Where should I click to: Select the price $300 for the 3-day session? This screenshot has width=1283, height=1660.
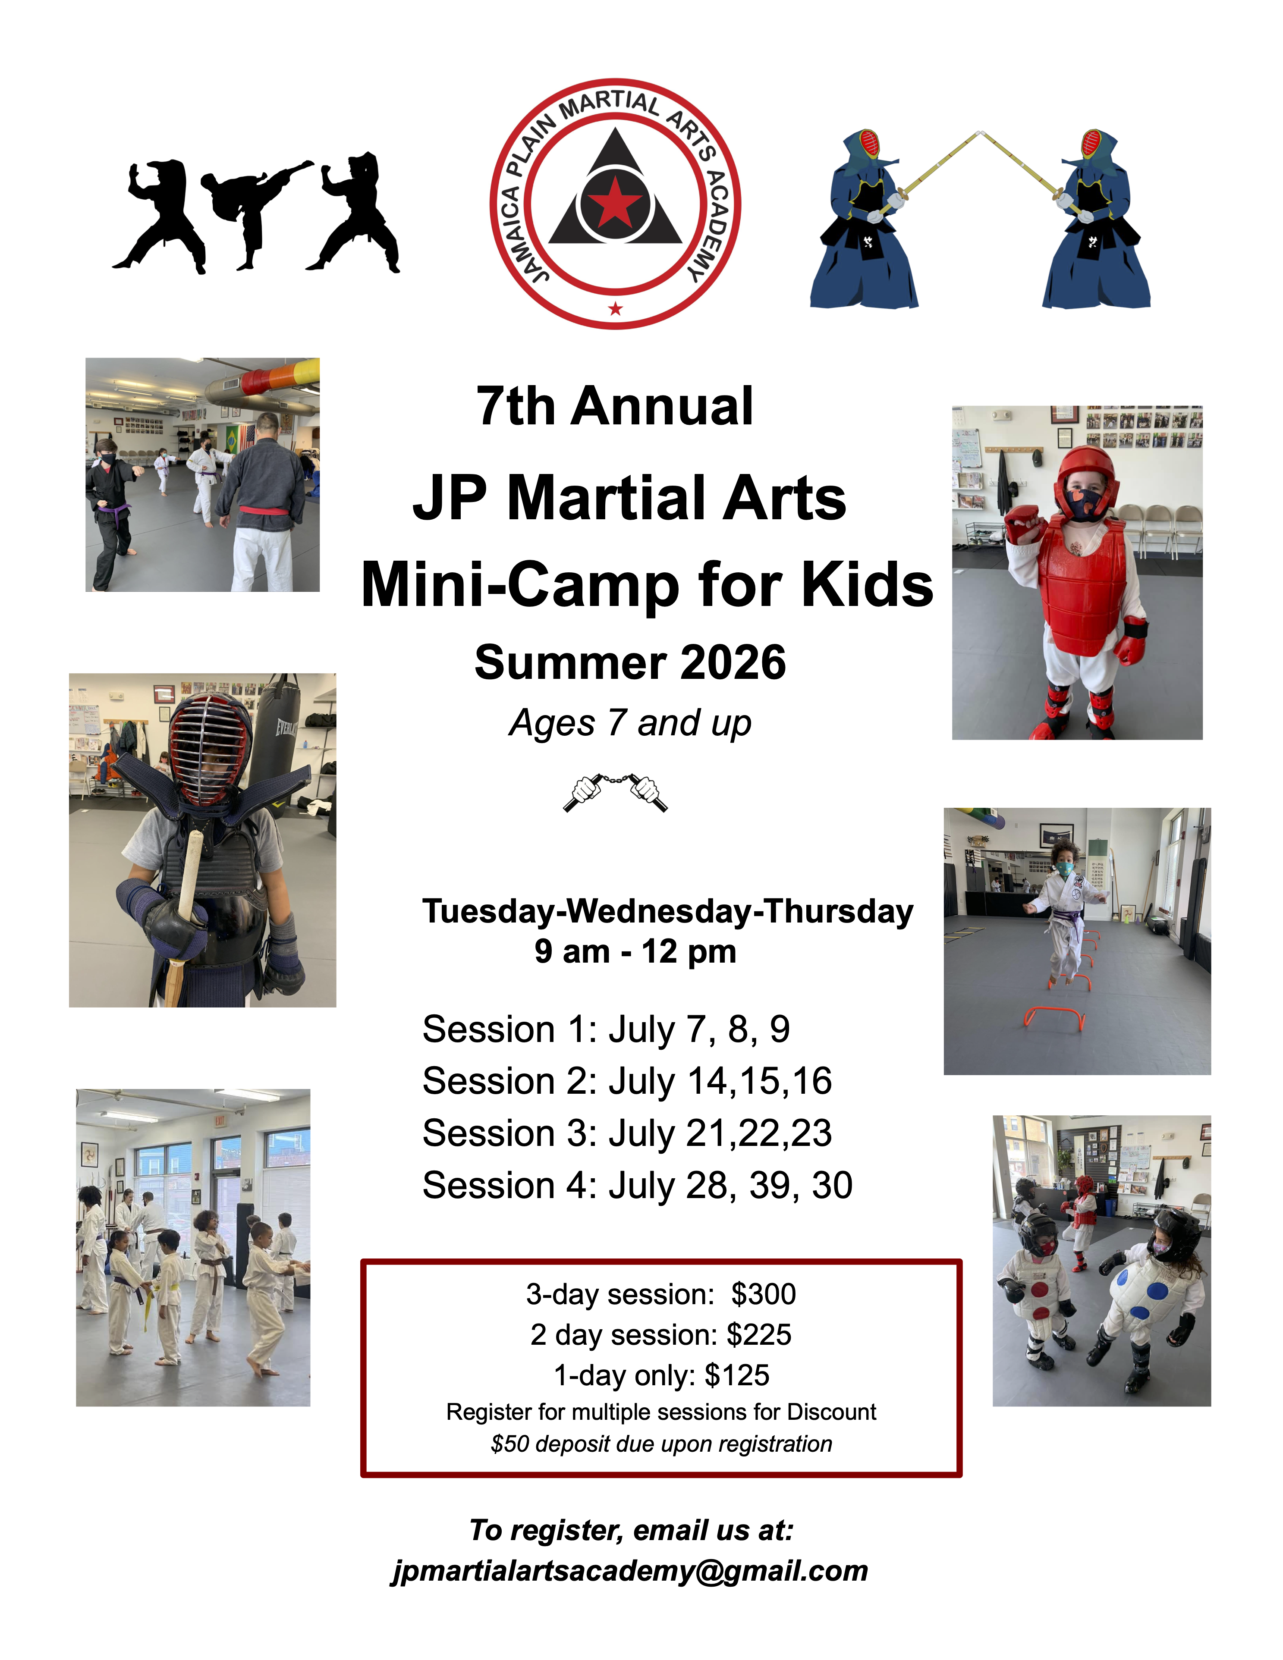pos(763,1294)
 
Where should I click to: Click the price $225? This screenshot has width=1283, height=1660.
pos(758,1335)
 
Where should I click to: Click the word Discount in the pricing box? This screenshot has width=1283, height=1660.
pos(831,1412)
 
